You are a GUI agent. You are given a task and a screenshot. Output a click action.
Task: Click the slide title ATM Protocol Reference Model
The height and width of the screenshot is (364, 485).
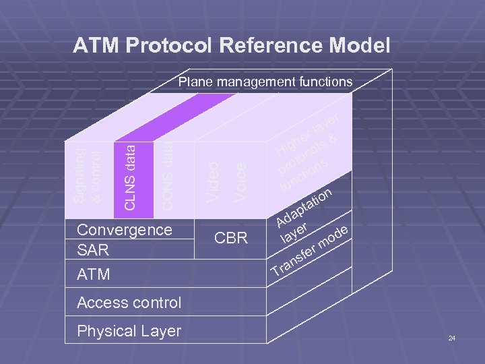[231, 46]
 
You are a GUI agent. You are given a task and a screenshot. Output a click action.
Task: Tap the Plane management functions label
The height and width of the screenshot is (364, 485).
[265, 82]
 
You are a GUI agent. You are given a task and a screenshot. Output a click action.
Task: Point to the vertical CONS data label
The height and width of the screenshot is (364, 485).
[167, 174]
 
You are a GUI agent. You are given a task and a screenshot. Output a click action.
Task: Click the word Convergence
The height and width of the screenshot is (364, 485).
[125, 230]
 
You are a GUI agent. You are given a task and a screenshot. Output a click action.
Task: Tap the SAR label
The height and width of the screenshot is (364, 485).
[93, 250]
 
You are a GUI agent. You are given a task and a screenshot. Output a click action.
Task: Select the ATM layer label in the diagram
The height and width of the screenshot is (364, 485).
[94, 275]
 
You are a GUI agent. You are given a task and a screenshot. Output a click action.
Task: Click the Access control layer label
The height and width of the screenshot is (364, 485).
[129, 303]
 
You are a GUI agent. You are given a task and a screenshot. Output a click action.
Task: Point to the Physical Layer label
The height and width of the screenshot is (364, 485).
[129, 331]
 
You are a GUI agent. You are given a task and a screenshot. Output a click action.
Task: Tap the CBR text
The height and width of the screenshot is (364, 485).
[231, 238]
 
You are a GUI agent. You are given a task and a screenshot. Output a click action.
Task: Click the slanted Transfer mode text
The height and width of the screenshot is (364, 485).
[310, 253]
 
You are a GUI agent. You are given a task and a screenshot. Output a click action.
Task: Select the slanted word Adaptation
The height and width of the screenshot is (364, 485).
[304, 206]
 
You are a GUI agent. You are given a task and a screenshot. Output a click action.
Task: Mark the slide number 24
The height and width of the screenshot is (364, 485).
[452, 337]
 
